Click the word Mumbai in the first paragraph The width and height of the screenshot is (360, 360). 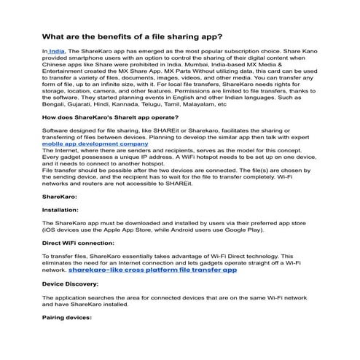206,68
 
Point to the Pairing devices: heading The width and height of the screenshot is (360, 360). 66,318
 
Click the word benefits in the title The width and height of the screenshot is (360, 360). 121,35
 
